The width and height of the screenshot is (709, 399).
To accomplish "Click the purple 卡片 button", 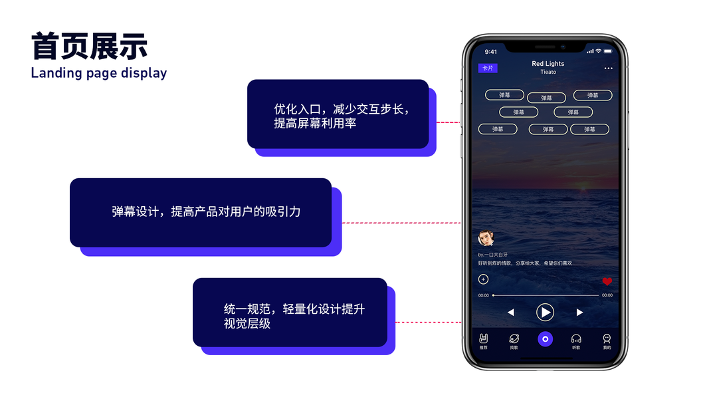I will point(488,68).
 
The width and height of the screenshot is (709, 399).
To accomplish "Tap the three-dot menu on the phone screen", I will point(608,68).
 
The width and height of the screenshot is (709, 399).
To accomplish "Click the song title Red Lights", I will point(548,64).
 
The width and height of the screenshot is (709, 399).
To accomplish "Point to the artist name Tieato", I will point(548,72).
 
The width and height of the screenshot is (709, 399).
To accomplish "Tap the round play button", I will point(545,312).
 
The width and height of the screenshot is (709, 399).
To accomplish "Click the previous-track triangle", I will point(510,312).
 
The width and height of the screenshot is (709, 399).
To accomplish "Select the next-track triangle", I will point(579,312).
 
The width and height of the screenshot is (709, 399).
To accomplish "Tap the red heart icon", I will point(607,281).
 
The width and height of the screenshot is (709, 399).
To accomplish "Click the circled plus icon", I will point(483,280).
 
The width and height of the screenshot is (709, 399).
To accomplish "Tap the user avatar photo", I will point(485,238).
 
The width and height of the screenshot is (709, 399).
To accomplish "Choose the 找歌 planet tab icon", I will point(514,339).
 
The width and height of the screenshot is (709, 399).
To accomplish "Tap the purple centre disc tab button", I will point(545,339).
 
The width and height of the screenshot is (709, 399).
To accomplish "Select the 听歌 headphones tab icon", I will point(576,339).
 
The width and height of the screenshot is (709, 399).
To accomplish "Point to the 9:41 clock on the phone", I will point(490,52).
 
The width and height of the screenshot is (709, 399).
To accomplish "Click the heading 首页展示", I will point(89,47).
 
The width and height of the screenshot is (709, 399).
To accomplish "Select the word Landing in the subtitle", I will point(56,73).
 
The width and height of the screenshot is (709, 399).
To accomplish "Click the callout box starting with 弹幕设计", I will point(200,212).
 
